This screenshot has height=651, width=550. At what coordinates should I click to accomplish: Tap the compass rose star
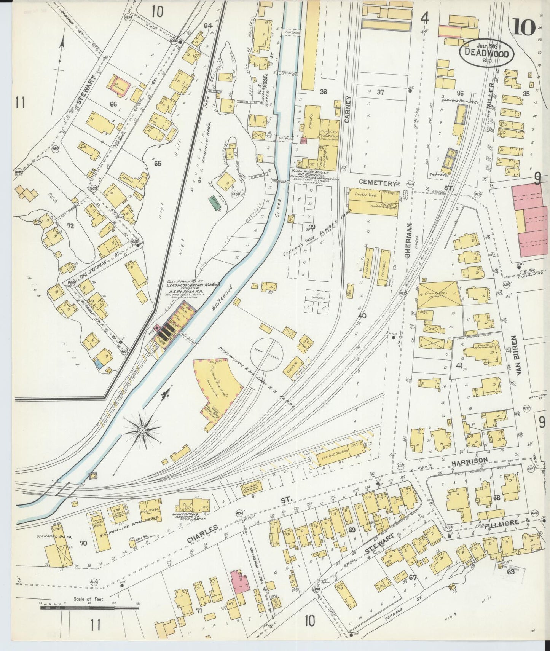click(x=142, y=430)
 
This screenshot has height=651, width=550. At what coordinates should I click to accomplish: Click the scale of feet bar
click(x=89, y=608)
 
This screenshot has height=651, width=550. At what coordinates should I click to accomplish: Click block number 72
click(x=70, y=226)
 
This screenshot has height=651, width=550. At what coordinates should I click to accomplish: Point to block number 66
click(x=113, y=104)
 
